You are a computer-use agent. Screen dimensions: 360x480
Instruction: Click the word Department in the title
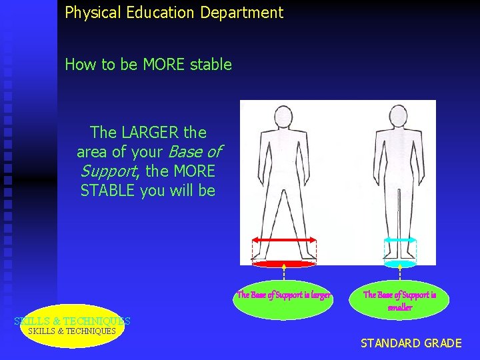click(247, 12)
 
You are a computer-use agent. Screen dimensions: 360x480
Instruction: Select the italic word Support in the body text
click(109, 171)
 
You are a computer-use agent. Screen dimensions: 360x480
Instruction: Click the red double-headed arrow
click(285, 240)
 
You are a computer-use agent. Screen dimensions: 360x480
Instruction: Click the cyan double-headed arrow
click(400, 240)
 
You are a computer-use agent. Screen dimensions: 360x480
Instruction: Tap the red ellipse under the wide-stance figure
click(285, 264)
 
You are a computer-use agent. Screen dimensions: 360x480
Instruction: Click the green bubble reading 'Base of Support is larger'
click(283, 295)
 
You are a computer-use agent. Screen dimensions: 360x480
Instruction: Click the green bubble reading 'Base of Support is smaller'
click(399, 300)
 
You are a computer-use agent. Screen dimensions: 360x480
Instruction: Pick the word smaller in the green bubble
click(400, 307)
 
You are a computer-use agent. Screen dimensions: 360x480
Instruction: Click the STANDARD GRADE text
click(411, 343)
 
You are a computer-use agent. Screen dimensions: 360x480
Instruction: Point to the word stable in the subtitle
click(211, 65)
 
